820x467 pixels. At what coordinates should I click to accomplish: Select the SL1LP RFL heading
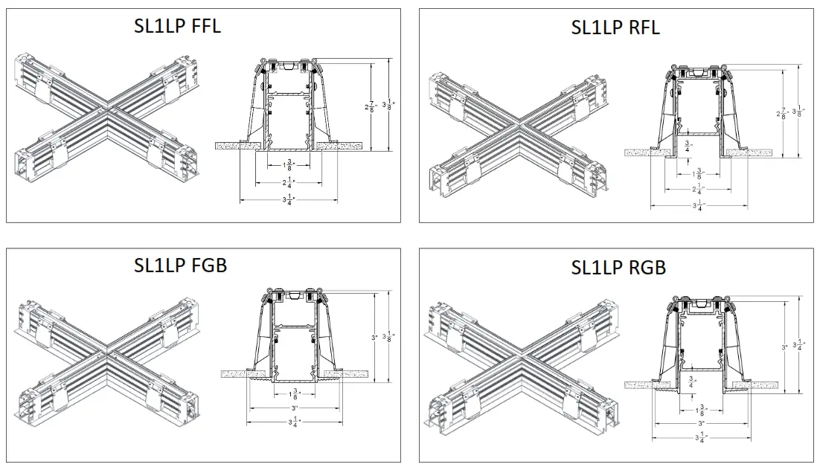point(615,28)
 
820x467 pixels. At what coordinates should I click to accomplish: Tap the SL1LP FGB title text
point(180,265)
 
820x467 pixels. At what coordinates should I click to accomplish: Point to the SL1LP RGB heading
point(618,268)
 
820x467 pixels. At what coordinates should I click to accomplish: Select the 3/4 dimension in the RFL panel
point(689,146)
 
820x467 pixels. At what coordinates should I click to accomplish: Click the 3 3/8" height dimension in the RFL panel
point(798,112)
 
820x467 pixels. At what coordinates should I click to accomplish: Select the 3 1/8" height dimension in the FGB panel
point(388,336)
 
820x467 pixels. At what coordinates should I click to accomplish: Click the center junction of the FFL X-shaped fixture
point(109,111)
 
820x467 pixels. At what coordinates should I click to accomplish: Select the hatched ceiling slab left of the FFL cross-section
point(236,146)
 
